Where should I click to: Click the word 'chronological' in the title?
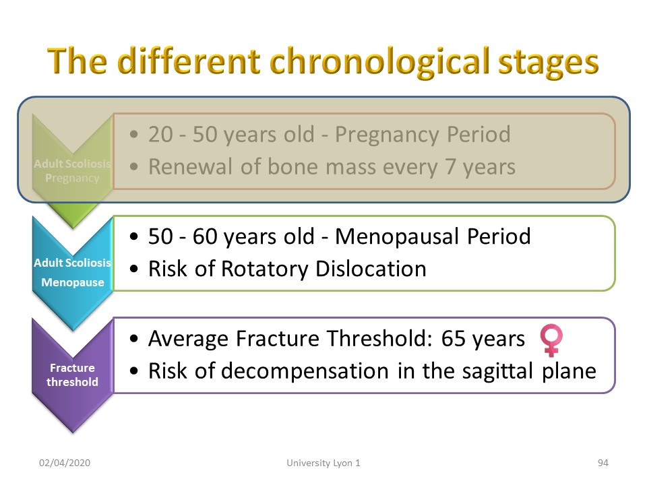click(x=379, y=62)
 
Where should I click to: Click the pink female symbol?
click(x=551, y=340)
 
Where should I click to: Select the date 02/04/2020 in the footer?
click(x=65, y=463)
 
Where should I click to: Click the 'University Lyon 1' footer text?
click(x=323, y=463)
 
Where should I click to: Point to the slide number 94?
click(x=603, y=463)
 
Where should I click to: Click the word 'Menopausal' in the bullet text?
click(x=397, y=236)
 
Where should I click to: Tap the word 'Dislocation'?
click(x=371, y=269)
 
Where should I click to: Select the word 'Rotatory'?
click(x=264, y=269)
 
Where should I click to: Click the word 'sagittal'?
click(x=497, y=371)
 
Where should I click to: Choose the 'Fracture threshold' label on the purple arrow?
click(x=72, y=375)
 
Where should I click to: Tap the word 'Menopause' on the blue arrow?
click(x=73, y=282)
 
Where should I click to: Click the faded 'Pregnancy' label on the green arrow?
click(x=72, y=178)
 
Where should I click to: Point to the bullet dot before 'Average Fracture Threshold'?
click(x=133, y=339)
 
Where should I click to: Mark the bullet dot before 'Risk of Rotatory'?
click(x=133, y=269)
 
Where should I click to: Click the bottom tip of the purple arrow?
click(x=73, y=432)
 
